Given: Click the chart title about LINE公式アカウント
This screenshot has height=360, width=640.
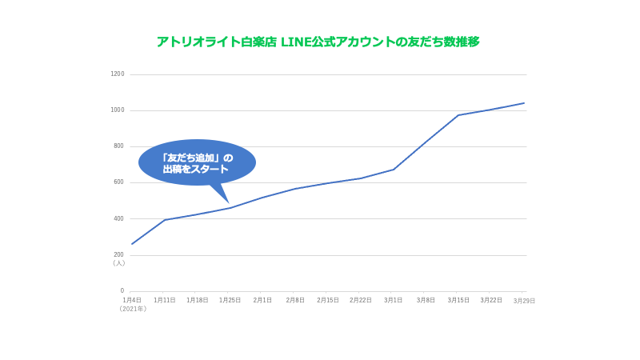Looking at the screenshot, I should [x=318, y=42].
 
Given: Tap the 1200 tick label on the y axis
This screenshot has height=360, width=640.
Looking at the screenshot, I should [x=117, y=74].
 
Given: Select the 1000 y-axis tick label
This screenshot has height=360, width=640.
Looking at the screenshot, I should [x=117, y=110].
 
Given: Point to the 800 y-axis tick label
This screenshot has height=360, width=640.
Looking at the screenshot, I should [x=118, y=146].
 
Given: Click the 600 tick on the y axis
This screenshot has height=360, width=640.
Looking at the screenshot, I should [x=118, y=182].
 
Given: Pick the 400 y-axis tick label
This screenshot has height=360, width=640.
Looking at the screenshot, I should [x=118, y=218].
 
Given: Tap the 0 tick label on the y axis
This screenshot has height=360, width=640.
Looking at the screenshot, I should [x=122, y=291].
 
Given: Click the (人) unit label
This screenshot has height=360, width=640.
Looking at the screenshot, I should [x=118, y=263].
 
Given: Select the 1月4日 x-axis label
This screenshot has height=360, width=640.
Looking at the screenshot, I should [x=132, y=300].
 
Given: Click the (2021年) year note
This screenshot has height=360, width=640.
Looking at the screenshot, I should [x=133, y=309].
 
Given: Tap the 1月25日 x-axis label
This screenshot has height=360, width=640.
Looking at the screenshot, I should [x=230, y=300].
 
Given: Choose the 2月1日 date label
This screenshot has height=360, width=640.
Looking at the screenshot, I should [x=262, y=300].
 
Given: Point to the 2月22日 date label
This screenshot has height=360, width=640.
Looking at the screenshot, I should [x=361, y=300].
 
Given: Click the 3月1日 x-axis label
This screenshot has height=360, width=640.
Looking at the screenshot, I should [x=393, y=300].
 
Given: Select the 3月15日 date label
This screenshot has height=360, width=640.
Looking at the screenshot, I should [x=458, y=300].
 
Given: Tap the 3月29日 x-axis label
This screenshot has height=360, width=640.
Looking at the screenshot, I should [x=524, y=301].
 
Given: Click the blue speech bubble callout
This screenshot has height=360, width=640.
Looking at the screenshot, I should [x=197, y=163].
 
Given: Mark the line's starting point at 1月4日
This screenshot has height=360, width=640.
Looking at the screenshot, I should [x=132, y=244].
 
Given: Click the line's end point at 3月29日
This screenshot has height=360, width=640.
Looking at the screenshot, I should [x=524, y=103].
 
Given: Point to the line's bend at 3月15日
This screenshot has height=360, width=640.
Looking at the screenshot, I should [x=458, y=115].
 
